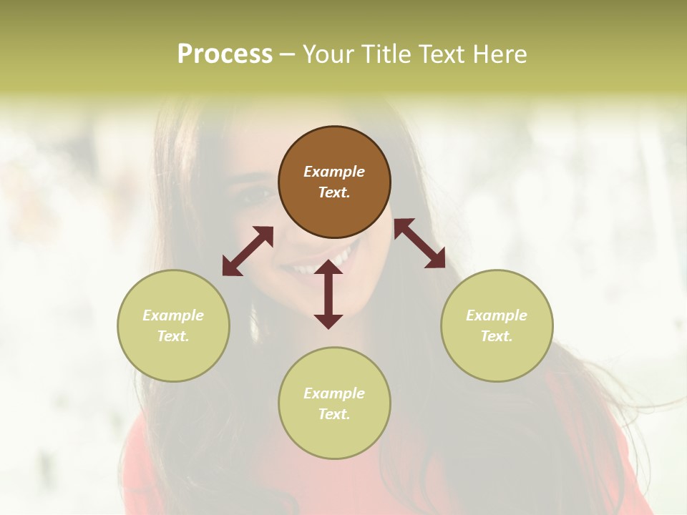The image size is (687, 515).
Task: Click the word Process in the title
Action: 225,54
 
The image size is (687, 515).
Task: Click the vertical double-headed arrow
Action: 328,294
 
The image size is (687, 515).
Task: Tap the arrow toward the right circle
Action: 419,244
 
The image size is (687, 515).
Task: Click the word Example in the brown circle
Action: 334,172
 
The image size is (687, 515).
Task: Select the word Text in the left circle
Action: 173,336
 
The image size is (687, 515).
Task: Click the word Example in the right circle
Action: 497,315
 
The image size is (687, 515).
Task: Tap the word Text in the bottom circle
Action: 334,414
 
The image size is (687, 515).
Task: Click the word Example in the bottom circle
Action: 334,393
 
